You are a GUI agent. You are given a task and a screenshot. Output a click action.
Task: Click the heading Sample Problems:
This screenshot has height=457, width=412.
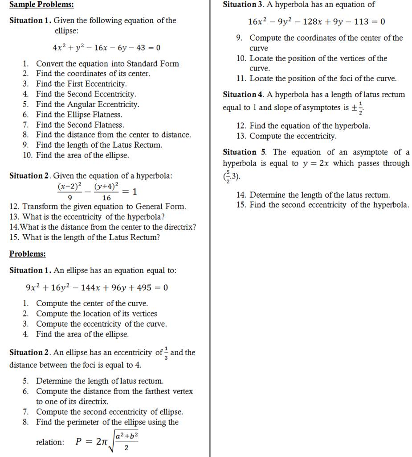click(x=42, y=5)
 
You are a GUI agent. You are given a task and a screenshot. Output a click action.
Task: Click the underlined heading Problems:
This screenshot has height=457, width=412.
click(x=28, y=254)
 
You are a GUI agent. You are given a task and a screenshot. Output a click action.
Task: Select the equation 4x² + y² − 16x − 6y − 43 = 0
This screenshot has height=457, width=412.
click(x=106, y=48)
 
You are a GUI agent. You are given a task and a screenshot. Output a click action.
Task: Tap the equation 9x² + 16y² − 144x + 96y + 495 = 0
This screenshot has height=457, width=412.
click(x=97, y=288)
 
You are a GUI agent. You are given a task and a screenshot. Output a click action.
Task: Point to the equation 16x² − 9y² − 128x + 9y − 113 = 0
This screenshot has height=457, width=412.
click(x=316, y=21)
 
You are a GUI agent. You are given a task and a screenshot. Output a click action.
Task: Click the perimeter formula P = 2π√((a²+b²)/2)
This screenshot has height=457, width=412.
click(x=107, y=441)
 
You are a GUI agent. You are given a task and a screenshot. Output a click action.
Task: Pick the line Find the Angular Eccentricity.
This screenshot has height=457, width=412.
click(x=87, y=104)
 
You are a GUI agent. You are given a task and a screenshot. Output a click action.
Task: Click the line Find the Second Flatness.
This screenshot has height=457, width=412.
click(x=80, y=125)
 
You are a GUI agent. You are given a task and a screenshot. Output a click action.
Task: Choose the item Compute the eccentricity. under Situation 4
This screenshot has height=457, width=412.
click(x=293, y=136)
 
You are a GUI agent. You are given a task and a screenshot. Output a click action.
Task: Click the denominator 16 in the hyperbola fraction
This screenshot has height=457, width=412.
click(x=106, y=198)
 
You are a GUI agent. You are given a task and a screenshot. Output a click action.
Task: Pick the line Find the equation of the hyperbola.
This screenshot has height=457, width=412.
click(x=310, y=126)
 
